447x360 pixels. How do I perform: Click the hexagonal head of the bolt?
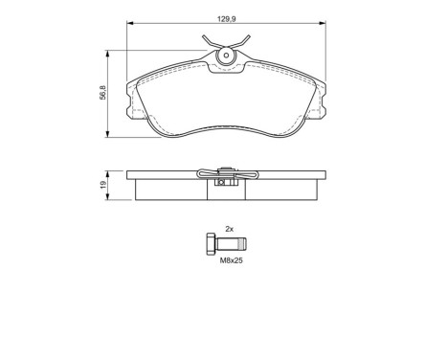pos(211,244)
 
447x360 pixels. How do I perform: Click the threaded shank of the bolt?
pos(234,244)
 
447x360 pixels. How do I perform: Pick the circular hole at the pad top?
pos(228,56)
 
